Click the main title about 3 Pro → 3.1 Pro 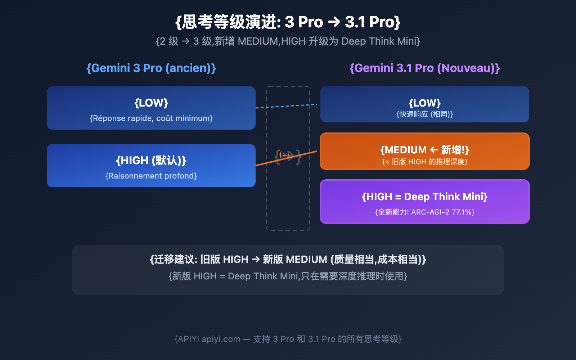pos(288,22)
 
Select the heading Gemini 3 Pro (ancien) pos(151,68)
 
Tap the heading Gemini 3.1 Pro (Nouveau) pos(425,68)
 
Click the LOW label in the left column pos(151,103)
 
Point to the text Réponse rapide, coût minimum pos(151,118)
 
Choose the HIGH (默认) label pos(151,161)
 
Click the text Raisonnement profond pos(151,176)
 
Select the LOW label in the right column pos(425,103)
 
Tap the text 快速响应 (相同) pos(425,114)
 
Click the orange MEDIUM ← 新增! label pos(425,150)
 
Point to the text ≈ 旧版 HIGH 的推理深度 pos(425,162)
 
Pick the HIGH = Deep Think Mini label pos(425,197)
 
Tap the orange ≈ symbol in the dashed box pos(284,155)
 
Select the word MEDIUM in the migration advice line pos(306,260)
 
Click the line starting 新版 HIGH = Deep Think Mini pos(288,276)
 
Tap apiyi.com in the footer pos(221,339)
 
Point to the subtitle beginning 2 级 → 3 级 pos(288,41)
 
